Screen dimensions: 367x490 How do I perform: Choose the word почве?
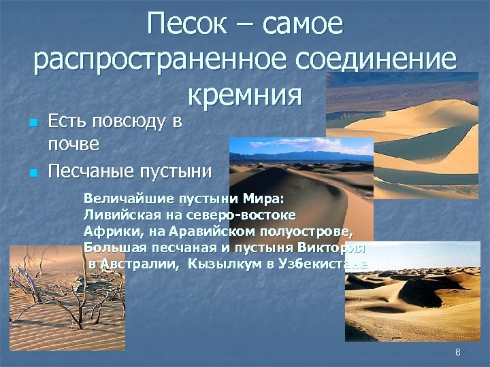click(74, 144)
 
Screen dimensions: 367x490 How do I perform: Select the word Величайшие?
click(122, 200)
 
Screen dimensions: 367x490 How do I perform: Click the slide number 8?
click(458, 351)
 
